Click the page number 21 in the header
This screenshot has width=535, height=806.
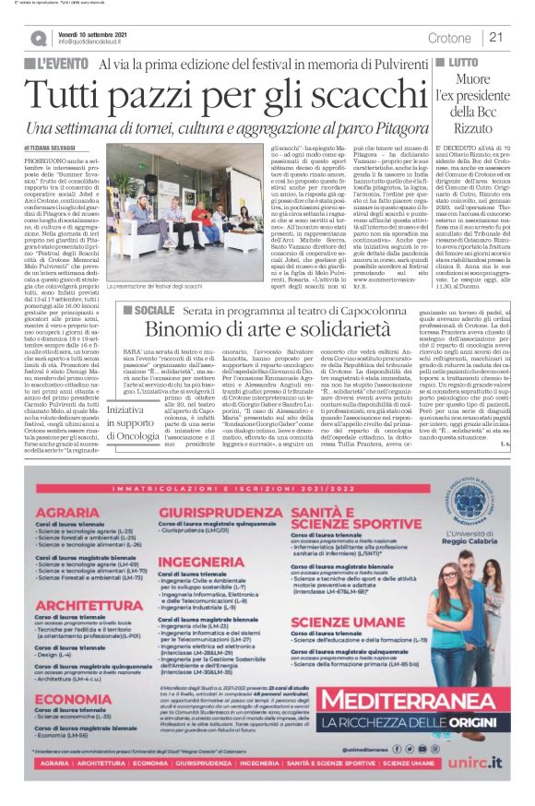(494, 38)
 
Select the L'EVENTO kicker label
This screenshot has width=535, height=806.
(62, 63)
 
